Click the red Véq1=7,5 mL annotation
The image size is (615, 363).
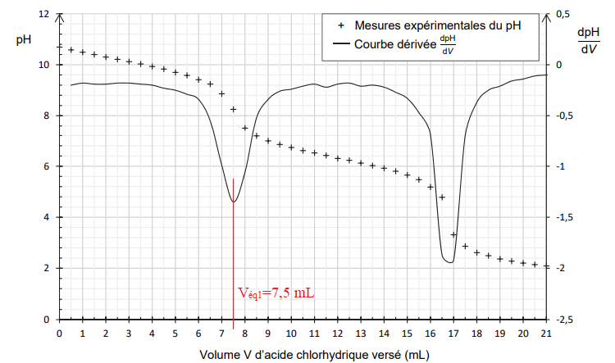click(276, 293)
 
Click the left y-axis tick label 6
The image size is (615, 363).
click(48, 167)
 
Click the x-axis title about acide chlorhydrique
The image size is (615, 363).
click(302, 355)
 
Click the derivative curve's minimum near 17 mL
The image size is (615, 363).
click(450, 262)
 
